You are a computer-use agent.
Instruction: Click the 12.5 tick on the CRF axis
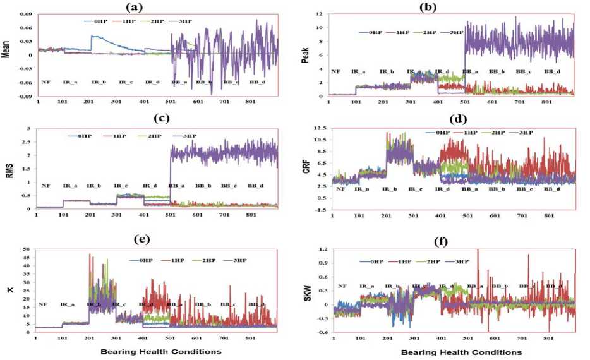[320, 129]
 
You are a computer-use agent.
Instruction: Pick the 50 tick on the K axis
[27, 249]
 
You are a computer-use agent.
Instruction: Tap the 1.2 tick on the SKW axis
[322, 249]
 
